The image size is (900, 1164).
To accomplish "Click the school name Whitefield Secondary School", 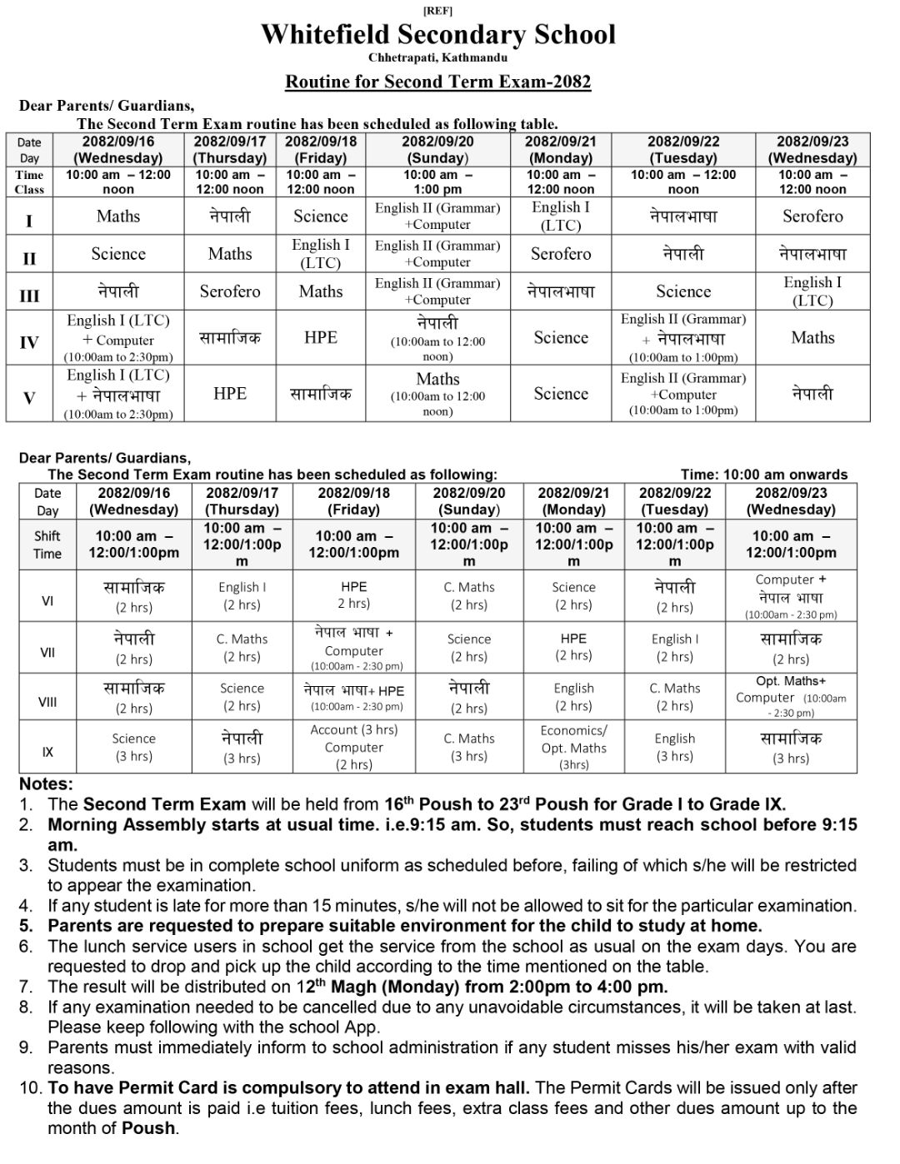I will coord(438,34).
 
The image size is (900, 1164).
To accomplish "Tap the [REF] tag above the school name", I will coord(438,11).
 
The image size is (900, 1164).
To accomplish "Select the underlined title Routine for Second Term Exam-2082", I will coord(438,82).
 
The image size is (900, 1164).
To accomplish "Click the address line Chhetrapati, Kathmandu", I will coord(438,57).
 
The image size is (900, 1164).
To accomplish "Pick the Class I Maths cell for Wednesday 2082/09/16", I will coord(118,216).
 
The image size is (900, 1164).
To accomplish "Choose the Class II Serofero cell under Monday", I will coord(561,254).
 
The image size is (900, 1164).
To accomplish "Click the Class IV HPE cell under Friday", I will coord(321,337).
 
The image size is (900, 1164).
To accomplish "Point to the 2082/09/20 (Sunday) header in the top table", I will coord(438,150).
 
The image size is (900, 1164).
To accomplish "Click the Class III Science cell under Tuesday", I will coord(683,291).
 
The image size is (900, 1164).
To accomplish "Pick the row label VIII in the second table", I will coord(47,702).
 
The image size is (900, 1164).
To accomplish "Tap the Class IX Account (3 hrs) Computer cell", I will coord(354,747).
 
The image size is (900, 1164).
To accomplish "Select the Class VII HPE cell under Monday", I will coord(573,647).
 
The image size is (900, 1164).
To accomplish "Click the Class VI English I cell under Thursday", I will coord(242,595).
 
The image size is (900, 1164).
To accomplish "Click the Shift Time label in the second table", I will coord(47,545).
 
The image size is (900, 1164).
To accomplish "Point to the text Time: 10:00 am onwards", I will coord(764,475).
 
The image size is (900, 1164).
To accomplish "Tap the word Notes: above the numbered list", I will coord(47,783).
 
